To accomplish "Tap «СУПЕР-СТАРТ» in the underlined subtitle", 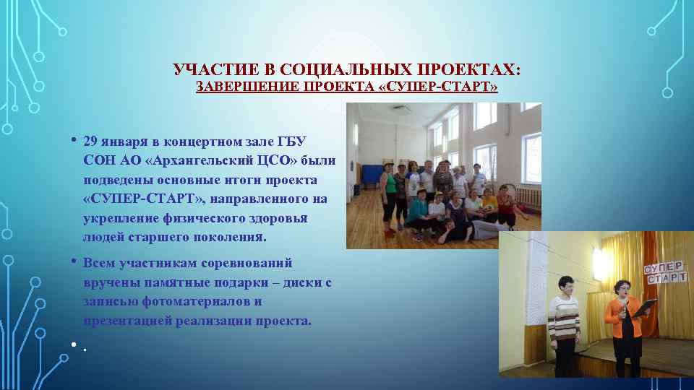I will [x=442, y=87].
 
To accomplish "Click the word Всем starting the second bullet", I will [x=98, y=263].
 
